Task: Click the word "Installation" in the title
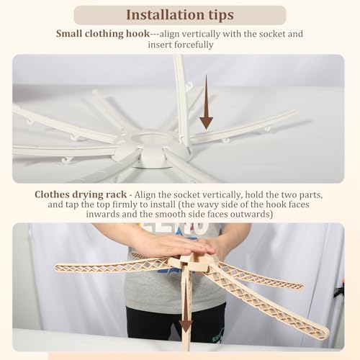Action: coord(162,15)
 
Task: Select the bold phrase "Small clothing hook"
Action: coord(103,34)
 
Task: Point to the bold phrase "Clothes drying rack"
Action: coord(81,194)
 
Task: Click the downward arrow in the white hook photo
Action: coord(206,102)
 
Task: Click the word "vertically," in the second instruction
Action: coord(222,195)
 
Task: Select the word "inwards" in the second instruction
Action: coord(103,214)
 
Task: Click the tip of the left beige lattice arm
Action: coord(57,268)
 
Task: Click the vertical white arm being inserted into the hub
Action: coord(181,101)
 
